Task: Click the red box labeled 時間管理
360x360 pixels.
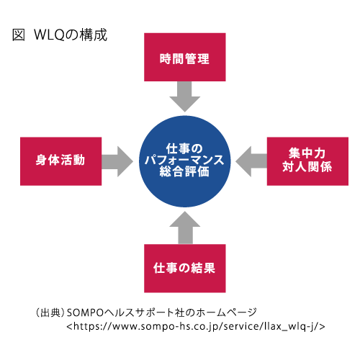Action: pos(185,57)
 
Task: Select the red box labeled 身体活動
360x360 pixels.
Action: pos(61,161)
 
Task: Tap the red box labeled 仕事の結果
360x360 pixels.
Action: pos(185,269)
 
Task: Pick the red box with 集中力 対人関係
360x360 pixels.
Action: pos(307,161)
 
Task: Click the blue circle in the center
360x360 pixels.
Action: pos(185,161)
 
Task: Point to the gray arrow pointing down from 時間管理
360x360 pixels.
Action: pos(185,96)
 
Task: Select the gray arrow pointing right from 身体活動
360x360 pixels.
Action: pos(117,161)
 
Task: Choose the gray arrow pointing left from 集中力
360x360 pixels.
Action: pos(251,161)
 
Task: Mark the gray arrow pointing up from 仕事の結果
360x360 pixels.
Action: pos(185,228)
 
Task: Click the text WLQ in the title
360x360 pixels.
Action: pos(49,35)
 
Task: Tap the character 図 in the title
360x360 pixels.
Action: pos(19,35)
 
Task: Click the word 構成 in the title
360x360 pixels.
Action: pos(94,35)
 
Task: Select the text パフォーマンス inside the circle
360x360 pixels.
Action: pos(184,160)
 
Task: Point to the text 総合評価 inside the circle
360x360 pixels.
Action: pos(184,171)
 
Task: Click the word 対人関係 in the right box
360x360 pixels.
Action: pos(307,167)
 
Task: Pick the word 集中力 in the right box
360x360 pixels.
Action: pos(307,153)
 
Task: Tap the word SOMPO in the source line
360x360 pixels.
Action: pos(85,312)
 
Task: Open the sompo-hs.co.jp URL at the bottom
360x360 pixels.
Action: pos(196,326)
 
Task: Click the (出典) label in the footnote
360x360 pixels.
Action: pos(50,312)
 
